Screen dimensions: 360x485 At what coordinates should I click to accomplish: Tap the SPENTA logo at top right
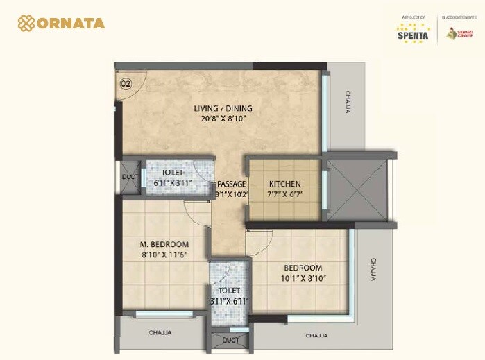coord(412,31)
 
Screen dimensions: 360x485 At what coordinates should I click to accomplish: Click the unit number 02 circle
coord(126,85)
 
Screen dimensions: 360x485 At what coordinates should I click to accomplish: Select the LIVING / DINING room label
coord(223,108)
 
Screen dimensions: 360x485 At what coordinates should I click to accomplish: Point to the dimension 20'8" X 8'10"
coord(223,119)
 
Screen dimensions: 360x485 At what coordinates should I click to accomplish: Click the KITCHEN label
coord(284,184)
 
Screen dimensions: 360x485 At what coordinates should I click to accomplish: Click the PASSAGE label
coord(231,184)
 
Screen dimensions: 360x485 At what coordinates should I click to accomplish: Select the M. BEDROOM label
coord(164,244)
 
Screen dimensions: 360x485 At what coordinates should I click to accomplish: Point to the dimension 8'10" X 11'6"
coord(164,255)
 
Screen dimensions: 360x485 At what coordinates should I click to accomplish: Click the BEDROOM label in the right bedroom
coord(303,268)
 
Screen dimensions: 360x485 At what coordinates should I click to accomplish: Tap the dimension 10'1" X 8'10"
coord(303,279)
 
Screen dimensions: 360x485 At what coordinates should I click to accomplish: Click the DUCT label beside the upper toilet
coord(130,177)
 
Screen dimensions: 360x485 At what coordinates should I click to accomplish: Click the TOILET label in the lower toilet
coord(229,291)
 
